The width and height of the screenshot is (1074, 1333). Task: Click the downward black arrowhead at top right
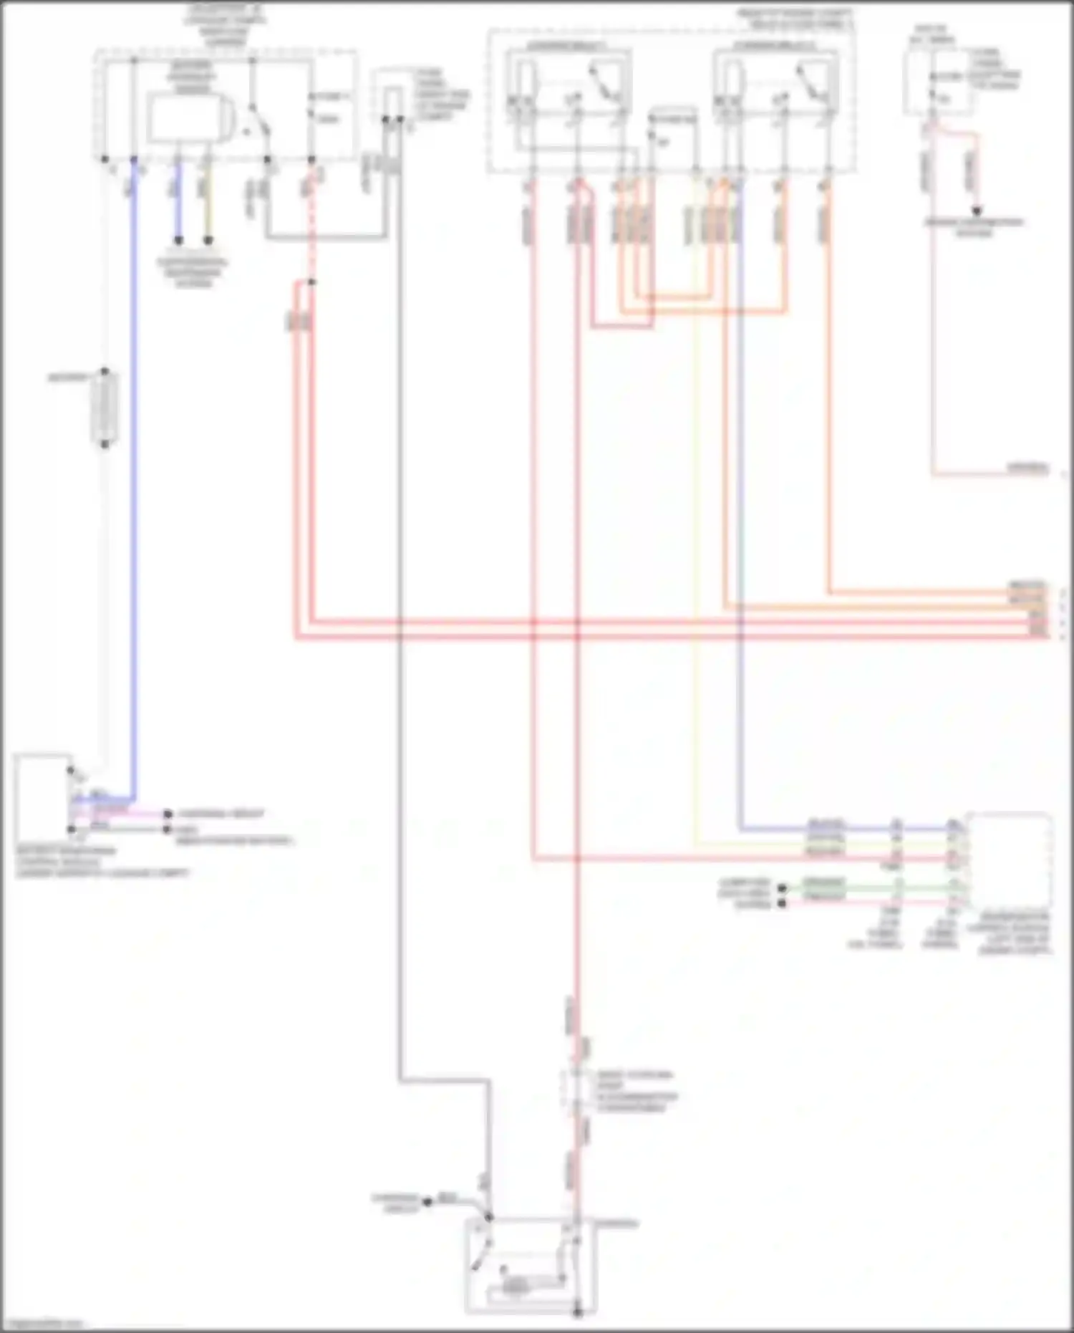coord(976,211)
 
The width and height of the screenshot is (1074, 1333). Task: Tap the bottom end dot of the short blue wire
coord(178,241)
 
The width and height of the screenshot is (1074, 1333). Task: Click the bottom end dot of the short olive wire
coord(208,241)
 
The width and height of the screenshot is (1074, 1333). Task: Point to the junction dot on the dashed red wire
coord(311,282)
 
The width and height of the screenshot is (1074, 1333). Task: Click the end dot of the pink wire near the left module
coord(168,814)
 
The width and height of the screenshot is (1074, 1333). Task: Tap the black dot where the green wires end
coord(782,888)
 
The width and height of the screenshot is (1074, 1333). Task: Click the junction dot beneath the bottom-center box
coord(577,1312)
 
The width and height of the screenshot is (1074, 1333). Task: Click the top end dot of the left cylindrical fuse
coord(105,372)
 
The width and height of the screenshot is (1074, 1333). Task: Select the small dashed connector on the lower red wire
coord(577,1090)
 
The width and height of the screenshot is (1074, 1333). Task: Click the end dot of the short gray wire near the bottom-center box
coord(427,1201)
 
